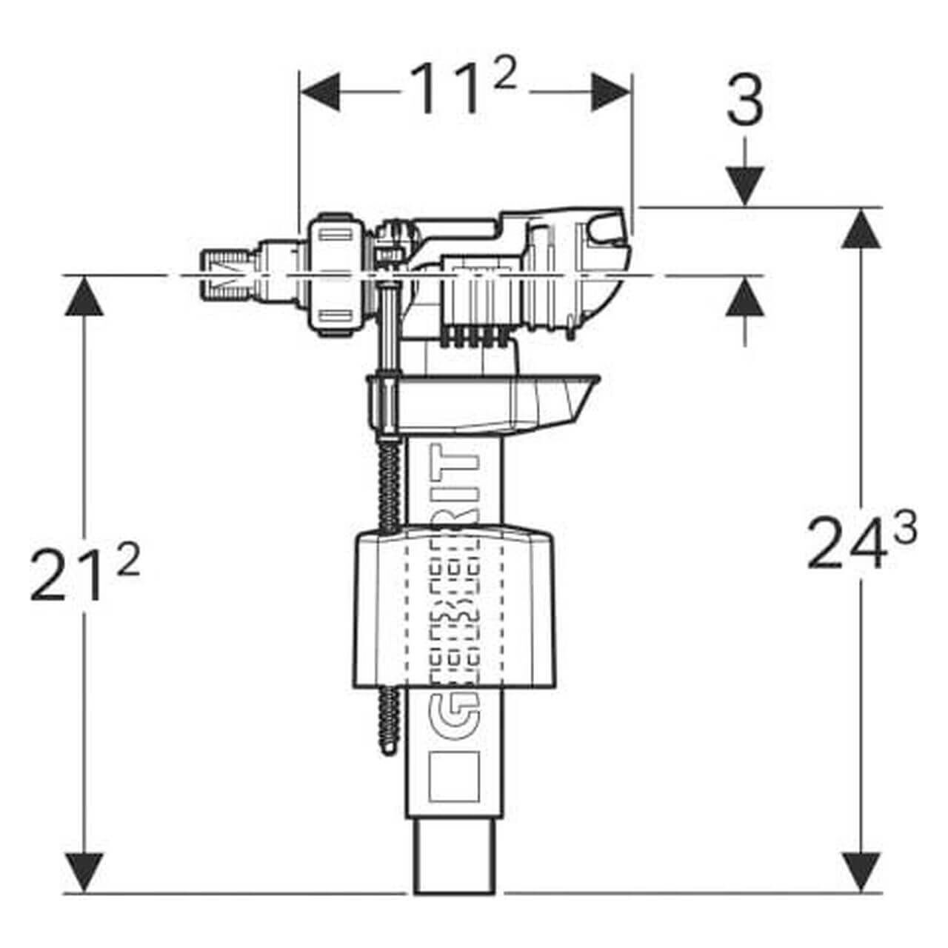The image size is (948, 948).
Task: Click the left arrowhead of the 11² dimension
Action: pos(320,92)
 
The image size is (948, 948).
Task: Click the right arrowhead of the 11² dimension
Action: pos(610,92)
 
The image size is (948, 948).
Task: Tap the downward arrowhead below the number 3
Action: pos(745,186)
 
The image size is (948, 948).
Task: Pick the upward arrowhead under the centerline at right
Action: pos(745,296)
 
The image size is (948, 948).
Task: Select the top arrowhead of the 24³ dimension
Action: pos(861,228)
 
